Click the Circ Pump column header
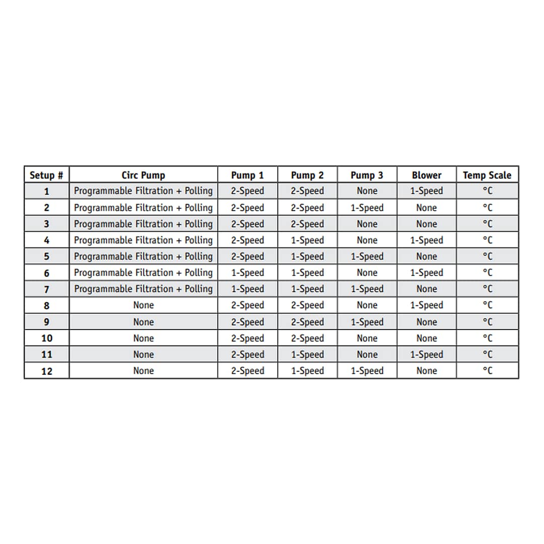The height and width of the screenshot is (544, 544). pos(143,175)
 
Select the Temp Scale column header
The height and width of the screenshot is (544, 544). pos(487,175)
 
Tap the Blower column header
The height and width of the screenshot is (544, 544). pos(427,175)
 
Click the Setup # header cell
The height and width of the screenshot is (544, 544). pos(46,175)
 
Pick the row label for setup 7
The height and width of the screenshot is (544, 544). pos(46,289)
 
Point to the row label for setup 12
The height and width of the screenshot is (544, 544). pos(46,371)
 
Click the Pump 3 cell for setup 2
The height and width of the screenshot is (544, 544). pos(367,208)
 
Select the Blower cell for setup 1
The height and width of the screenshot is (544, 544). pos(427,191)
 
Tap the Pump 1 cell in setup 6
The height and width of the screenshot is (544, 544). pos(247,273)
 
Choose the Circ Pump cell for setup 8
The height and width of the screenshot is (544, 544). pos(143,305)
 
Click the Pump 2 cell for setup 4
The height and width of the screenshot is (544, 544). pos(307,240)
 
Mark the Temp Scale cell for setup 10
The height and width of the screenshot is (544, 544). pos(487,338)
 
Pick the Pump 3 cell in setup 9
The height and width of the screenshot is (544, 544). pos(367,322)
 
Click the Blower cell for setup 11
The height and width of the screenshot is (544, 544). pos(427,355)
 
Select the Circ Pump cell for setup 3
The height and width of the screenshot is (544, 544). pos(143,224)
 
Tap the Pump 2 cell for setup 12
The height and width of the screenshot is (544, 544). pos(307,371)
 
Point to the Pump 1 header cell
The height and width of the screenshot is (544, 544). pos(247,175)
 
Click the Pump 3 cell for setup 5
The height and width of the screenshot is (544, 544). pos(367,256)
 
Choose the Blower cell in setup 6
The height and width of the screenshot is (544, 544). pos(427,273)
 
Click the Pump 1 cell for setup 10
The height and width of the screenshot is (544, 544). pos(247,338)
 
